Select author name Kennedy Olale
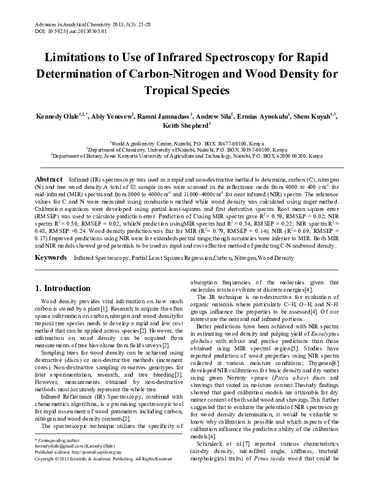(59, 116)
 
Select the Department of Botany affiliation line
(182, 156)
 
